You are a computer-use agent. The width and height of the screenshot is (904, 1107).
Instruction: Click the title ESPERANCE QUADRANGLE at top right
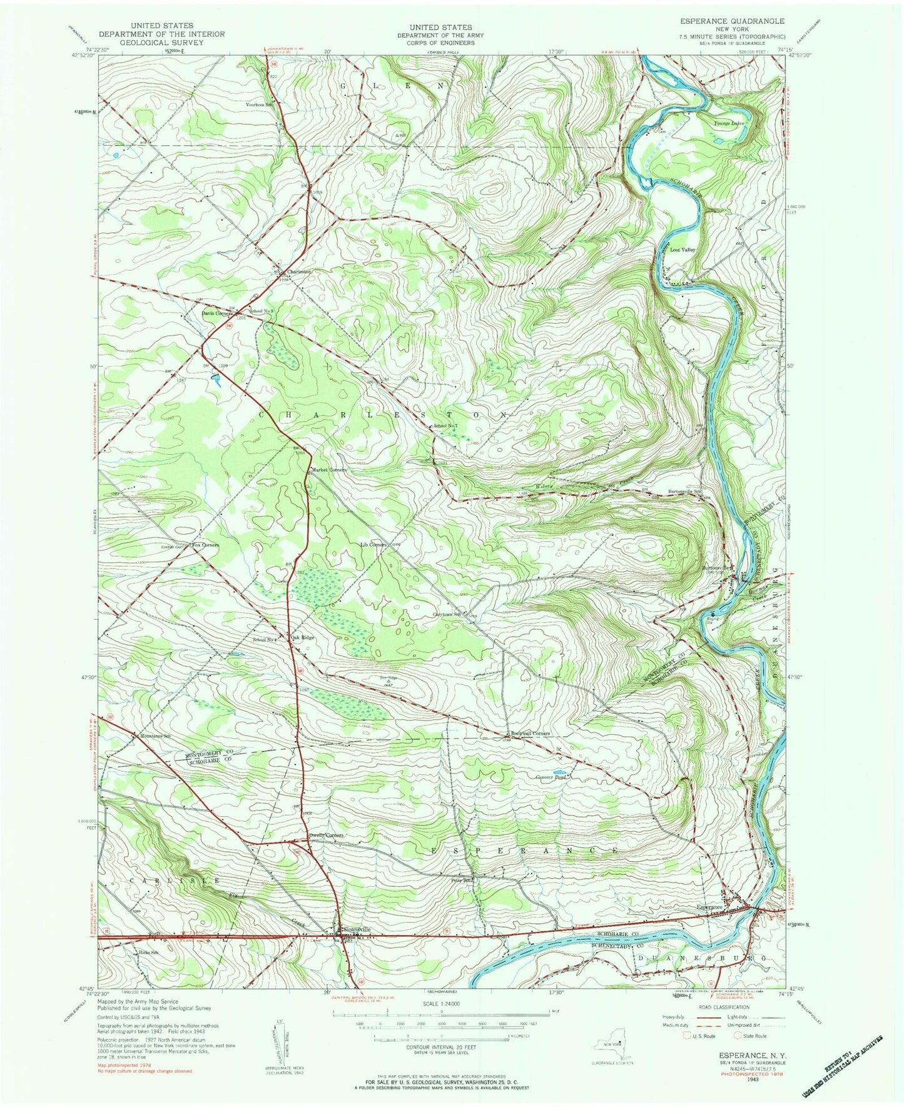731,21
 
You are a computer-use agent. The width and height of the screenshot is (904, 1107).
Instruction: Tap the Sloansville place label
357,929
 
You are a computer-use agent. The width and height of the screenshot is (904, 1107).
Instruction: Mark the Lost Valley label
683,249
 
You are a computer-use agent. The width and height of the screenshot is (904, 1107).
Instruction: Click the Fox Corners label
205,545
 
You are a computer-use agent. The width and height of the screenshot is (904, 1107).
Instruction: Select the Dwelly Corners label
326,836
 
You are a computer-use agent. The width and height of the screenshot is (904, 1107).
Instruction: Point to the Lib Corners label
373,544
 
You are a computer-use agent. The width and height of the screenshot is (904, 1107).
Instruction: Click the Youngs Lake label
729,123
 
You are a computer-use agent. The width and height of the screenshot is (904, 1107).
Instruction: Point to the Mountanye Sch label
155,736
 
